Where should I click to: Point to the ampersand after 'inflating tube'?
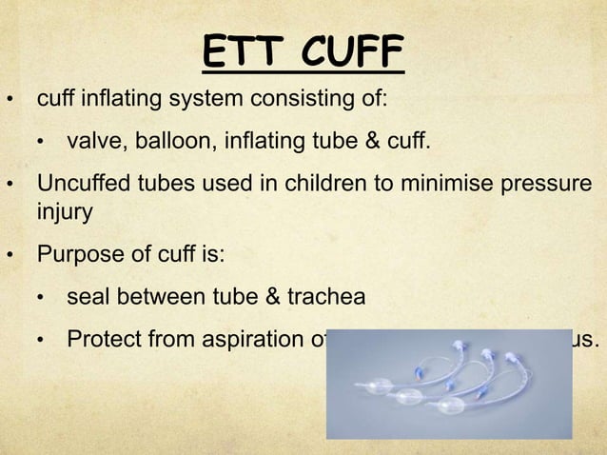(373, 143)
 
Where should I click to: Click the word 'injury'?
(64, 213)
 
